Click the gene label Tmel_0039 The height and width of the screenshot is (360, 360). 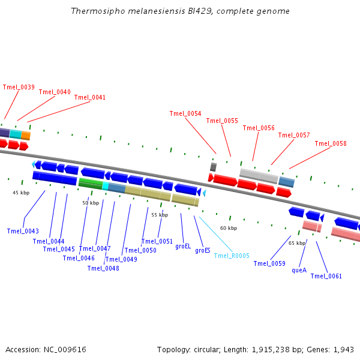click(x=19, y=87)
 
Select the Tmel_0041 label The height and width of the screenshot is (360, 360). click(x=90, y=97)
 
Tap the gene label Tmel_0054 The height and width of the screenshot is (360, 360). click(x=185, y=113)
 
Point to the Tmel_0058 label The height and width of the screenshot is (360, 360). click(x=331, y=143)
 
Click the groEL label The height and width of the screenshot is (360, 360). click(x=183, y=246)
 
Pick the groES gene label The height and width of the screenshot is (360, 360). click(x=203, y=250)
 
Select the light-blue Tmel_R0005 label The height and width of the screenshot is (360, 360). click(x=232, y=256)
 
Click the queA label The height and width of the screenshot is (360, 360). click(x=299, y=270)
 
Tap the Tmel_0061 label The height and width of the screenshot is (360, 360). click(x=326, y=276)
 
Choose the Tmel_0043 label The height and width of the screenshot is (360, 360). click(x=23, y=231)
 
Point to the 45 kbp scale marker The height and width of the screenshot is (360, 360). click(x=21, y=193)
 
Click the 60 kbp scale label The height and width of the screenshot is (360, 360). click(x=229, y=228)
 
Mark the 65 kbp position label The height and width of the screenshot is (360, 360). click(x=297, y=243)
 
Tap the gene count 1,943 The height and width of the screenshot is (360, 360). click(x=343, y=349)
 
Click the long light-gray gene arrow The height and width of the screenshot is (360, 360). click(x=259, y=176)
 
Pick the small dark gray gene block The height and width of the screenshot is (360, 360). click(x=213, y=167)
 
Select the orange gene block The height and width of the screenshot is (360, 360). click(x=25, y=136)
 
